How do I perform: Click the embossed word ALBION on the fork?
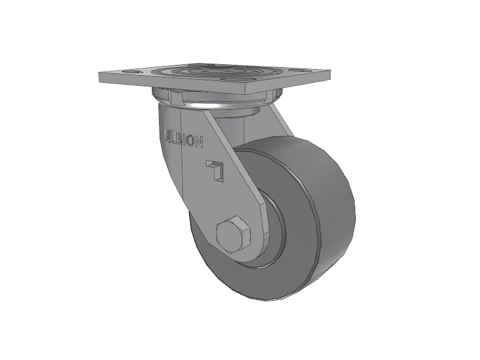pos(185,139)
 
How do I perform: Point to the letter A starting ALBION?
pos(169,134)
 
